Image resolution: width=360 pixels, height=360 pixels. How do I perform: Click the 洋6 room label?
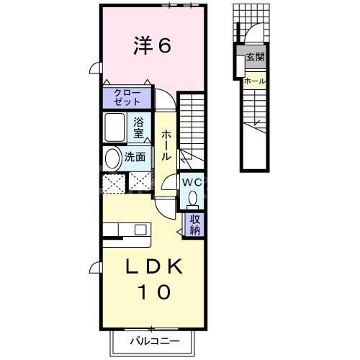pos(151,46)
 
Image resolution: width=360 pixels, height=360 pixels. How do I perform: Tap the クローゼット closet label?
pos(127,97)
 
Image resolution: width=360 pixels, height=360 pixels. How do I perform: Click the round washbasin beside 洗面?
pos(114,158)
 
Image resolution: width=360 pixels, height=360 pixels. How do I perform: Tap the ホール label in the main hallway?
pos(166,145)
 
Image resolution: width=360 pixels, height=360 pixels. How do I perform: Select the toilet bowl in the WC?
pos(192,199)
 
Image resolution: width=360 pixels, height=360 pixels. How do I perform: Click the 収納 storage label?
pos(195,225)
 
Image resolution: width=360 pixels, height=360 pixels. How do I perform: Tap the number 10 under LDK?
pos(151,293)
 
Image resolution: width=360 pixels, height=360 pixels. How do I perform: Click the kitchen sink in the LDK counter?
pos(138,230)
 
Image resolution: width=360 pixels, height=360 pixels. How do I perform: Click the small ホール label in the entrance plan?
pos(254,81)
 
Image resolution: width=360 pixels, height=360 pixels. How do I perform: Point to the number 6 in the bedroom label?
pos(163,46)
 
